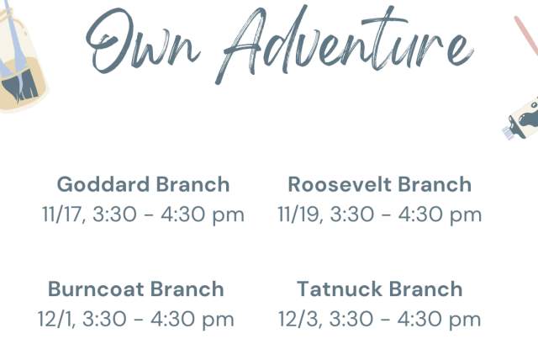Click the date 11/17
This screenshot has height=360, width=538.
61,214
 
